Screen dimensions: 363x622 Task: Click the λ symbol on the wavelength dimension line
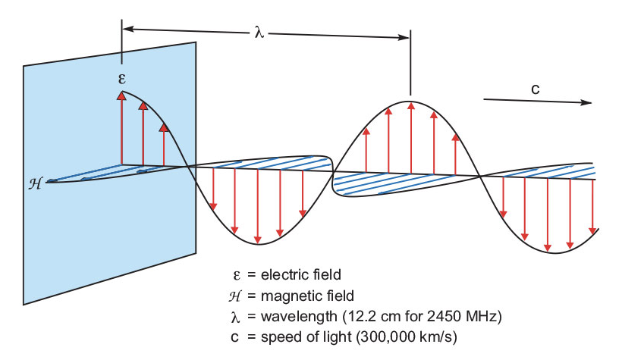coord(259,33)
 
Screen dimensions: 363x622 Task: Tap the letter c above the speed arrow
coord(535,89)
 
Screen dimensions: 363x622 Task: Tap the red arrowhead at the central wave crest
coord(410,105)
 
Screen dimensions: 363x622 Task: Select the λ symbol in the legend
coord(237,315)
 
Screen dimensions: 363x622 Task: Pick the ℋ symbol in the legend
coord(237,296)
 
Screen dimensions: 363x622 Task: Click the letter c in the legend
coord(237,335)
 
